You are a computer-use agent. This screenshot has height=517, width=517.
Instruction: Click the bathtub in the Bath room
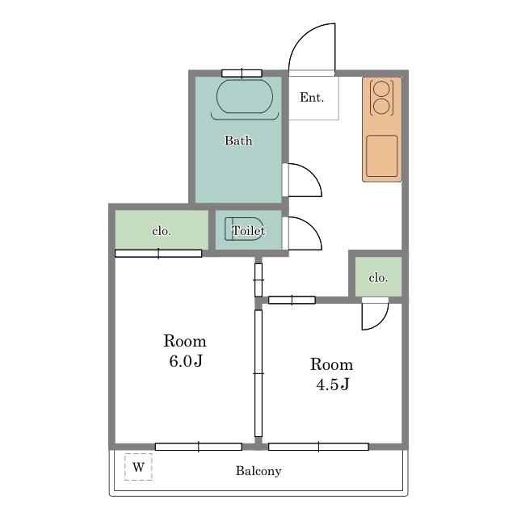tap(245, 96)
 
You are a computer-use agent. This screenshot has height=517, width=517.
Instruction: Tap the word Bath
tap(238, 141)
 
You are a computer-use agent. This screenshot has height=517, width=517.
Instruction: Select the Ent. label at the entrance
tap(312, 97)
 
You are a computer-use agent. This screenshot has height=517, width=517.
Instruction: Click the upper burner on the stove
tap(382, 88)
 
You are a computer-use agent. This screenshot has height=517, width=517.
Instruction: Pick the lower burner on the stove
tap(382, 106)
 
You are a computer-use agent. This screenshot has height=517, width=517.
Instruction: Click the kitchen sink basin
tap(382, 156)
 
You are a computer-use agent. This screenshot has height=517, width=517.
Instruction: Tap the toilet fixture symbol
tap(244, 229)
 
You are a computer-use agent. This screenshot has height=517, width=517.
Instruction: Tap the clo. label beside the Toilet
tap(162, 231)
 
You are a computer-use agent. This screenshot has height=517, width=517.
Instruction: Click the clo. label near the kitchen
tap(378, 278)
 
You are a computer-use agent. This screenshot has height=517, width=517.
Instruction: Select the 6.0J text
tap(186, 361)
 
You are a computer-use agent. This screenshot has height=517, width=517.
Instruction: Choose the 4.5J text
tap(332, 385)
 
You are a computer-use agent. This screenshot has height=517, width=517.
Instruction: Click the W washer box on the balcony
tap(138, 467)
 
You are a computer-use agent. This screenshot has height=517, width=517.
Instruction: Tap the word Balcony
tap(258, 471)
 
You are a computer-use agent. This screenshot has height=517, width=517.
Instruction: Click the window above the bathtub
tap(242, 74)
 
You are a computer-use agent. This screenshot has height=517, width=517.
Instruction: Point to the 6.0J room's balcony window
tap(199, 447)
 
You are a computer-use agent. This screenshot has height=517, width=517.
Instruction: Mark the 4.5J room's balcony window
tap(318, 447)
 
